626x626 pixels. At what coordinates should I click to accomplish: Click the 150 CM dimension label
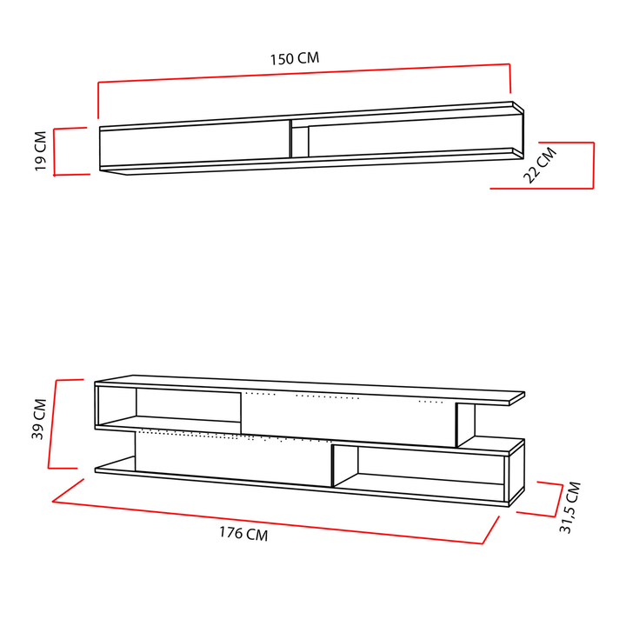point(295,59)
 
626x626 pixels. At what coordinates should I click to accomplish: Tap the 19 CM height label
point(41,151)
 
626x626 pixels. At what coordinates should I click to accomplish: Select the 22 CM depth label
point(540,165)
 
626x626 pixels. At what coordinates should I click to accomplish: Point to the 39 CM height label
point(39,419)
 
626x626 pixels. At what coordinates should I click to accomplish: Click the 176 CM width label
point(243,533)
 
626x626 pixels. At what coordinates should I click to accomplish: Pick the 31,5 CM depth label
point(569,508)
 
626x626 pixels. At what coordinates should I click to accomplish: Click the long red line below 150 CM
point(304,73)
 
